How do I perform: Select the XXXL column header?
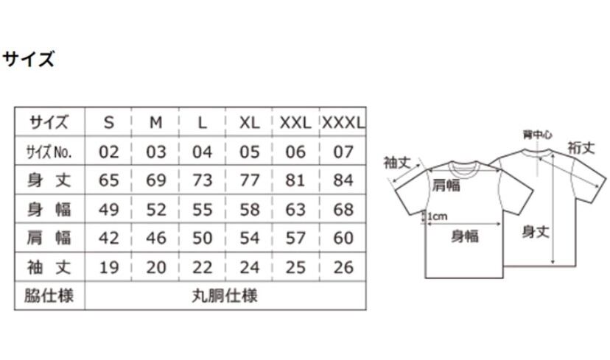pos(343,122)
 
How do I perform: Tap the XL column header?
pos(250,122)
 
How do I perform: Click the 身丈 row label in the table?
pos(50,180)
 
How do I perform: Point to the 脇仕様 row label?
pos(50,296)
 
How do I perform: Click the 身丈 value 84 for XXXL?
pos(343,180)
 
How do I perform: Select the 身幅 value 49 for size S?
pos(109,210)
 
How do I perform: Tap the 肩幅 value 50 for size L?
pos(203,239)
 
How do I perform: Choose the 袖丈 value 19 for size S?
pos(109,267)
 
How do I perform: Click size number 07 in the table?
pos(343,152)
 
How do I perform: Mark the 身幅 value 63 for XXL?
pos(296,210)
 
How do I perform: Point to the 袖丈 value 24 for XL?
pos(250,267)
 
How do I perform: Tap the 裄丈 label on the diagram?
pos(581,147)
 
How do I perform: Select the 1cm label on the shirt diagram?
pos(437,216)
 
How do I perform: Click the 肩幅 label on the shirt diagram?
pos(446,185)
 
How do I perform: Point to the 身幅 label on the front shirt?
pos(465,236)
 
